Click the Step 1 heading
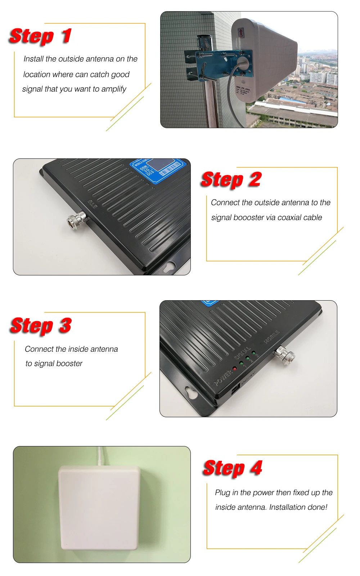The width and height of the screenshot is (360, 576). [40, 36]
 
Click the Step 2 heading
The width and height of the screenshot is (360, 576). [231, 179]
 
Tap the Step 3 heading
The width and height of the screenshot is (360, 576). [41, 325]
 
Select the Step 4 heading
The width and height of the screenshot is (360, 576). [233, 468]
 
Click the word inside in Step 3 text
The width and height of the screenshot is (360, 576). [78, 349]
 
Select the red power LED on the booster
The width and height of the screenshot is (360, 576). [234, 369]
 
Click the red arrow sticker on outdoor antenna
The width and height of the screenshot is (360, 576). [240, 33]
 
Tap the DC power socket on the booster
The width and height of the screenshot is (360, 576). [235, 390]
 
